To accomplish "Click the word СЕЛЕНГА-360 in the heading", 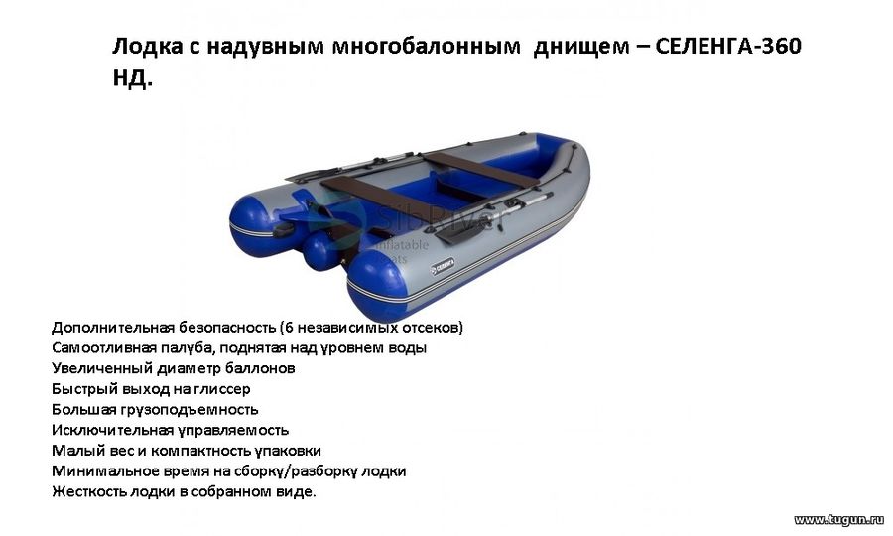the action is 728,46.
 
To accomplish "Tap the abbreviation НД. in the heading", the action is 133,78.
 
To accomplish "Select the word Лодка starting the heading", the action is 145,47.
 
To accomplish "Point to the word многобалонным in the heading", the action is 426,47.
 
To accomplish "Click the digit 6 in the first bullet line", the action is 289,328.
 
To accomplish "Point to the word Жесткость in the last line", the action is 89,491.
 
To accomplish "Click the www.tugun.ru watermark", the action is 838,519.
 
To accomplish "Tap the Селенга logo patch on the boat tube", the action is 443,265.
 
